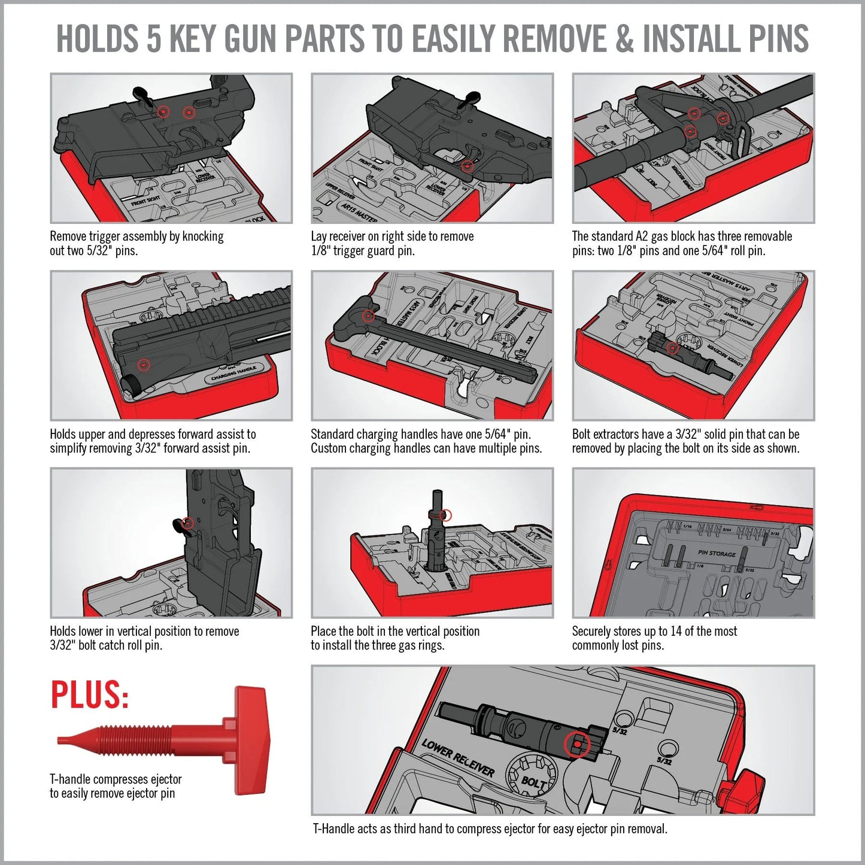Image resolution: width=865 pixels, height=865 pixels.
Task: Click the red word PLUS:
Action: (x=90, y=695)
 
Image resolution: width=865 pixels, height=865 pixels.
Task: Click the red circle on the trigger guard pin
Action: (x=468, y=167)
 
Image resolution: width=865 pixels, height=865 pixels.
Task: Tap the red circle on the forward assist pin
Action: (x=143, y=364)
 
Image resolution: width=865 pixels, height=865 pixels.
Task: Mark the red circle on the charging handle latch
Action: (x=369, y=315)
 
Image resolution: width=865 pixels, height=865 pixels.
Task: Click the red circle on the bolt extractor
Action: (x=673, y=348)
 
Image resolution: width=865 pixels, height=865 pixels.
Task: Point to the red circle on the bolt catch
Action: (x=187, y=523)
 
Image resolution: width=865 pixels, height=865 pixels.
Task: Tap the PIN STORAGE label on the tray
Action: (x=717, y=554)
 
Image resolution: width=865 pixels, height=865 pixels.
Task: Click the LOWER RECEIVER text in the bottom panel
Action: (x=458, y=758)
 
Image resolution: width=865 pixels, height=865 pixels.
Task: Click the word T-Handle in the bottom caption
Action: (x=333, y=828)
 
